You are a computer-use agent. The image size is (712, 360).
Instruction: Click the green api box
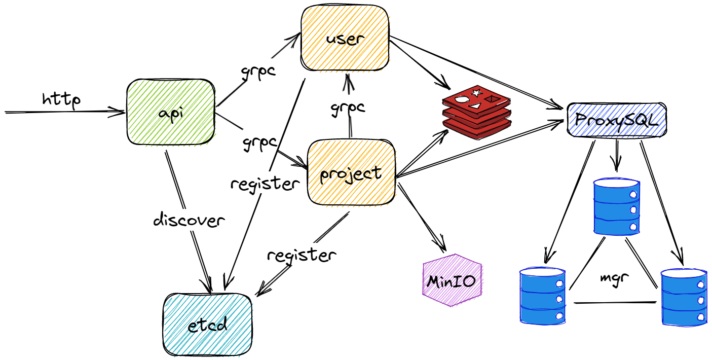tap(170, 113)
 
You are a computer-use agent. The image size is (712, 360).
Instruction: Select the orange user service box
tap(346, 39)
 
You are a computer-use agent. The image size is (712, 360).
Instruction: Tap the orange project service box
tap(351, 173)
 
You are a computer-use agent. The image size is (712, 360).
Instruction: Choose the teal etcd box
tap(207, 325)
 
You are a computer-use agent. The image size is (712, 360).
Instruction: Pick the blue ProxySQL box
tap(616, 120)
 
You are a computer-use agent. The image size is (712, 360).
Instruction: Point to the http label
tap(61, 100)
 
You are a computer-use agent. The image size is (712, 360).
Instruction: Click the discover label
tap(189, 221)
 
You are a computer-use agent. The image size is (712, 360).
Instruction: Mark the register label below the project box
tap(301, 255)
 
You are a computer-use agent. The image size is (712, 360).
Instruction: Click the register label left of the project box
tap(264, 183)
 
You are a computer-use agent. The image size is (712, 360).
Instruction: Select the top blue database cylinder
tap(616, 205)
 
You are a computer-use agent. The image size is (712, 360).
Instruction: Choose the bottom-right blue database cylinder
tap(684, 297)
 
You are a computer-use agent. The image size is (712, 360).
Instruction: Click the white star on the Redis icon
tap(476, 93)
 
